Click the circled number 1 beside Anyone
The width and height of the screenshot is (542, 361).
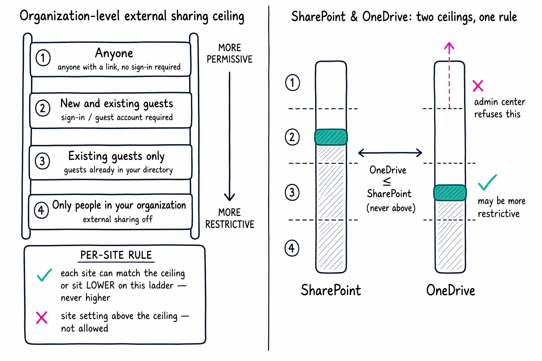[x=43, y=58]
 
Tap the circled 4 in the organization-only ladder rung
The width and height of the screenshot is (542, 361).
[x=41, y=210]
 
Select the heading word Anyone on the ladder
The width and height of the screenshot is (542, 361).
[x=114, y=53]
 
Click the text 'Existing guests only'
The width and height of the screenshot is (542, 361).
[x=116, y=156]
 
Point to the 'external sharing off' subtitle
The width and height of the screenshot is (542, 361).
[x=118, y=219]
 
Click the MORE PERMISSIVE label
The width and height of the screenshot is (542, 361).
[x=229, y=54]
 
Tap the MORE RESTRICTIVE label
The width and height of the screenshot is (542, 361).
[x=230, y=218]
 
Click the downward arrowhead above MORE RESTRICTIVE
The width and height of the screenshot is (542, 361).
[x=229, y=197]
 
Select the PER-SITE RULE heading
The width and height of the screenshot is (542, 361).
[x=116, y=255]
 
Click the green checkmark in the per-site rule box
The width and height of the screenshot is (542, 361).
[x=44, y=275]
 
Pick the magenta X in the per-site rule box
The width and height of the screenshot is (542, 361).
[x=42, y=318]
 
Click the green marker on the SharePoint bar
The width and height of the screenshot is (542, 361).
[x=331, y=137]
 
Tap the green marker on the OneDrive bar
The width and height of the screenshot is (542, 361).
[x=450, y=193]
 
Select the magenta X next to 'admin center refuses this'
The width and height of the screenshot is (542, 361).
[x=478, y=86]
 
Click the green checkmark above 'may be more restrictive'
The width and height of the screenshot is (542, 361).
[x=487, y=183]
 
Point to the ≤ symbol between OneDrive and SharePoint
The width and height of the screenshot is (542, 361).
[x=387, y=181]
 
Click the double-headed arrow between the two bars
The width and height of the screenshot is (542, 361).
[x=390, y=153]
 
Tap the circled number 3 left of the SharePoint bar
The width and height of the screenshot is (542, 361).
[x=292, y=193]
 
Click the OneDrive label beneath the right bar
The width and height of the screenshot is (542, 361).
[x=451, y=290]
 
